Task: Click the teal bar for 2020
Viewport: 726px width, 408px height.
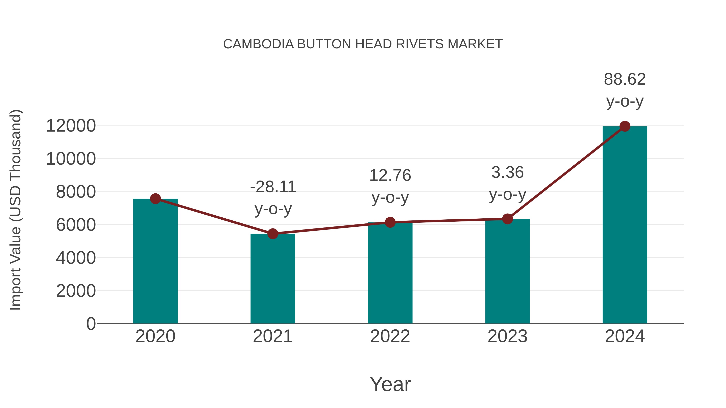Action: click(155, 262)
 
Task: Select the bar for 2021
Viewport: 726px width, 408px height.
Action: click(272, 279)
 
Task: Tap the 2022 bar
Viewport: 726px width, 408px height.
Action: click(390, 273)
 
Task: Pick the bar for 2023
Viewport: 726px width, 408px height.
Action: click(507, 272)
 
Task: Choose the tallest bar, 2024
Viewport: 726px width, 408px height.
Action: click(625, 225)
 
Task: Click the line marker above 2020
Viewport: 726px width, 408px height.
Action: click(155, 199)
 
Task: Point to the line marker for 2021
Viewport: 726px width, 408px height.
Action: click(272, 234)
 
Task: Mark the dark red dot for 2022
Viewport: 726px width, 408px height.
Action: click(390, 222)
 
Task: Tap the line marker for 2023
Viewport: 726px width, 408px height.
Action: click(507, 219)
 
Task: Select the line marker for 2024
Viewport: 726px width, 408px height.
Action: click(625, 126)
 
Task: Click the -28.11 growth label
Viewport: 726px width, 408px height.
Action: click(273, 187)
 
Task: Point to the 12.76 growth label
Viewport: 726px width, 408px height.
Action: click(390, 175)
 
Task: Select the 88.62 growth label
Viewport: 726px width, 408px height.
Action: click(625, 79)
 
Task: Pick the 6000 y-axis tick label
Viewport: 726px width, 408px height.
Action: click(76, 225)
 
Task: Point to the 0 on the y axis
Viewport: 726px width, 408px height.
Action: click(91, 324)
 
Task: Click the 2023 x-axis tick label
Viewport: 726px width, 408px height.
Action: click(507, 336)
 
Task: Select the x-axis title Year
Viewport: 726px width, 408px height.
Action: click(390, 384)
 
